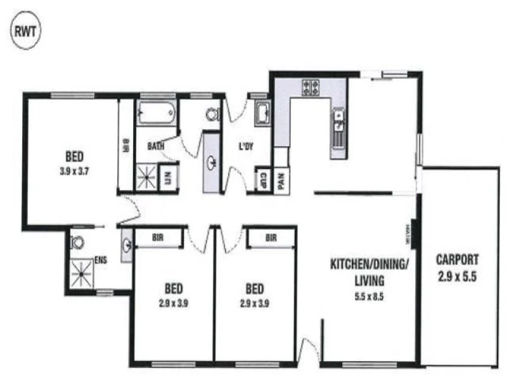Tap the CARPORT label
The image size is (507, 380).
click(x=456, y=259)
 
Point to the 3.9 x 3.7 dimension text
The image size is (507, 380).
click(x=75, y=170)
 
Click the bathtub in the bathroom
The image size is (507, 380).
click(x=156, y=113)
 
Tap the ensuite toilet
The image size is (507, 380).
click(x=78, y=242)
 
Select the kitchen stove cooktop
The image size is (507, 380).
click(x=312, y=87)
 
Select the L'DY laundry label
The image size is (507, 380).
click(x=246, y=146)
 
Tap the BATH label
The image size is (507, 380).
click(x=156, y=146)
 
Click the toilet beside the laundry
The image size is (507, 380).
click(x=212, y=114)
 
